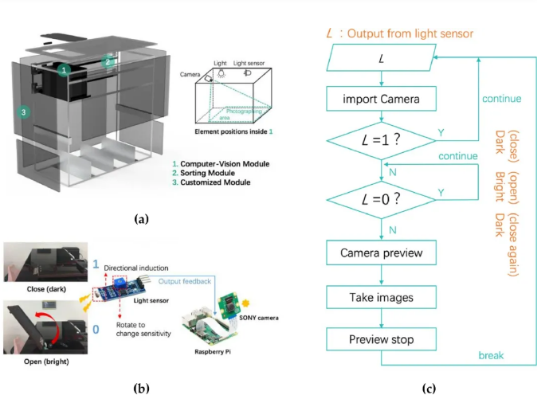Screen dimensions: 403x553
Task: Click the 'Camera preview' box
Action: [x=382, y=253]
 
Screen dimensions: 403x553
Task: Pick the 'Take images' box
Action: [x=382, y=296]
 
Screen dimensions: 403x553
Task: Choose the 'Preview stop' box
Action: [x=382, y=339]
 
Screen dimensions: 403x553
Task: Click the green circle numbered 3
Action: [x=25, y=113]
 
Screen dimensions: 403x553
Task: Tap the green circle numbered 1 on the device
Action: [x=65, y=69]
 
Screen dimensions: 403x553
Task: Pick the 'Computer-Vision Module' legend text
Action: [x=226, y=163]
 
